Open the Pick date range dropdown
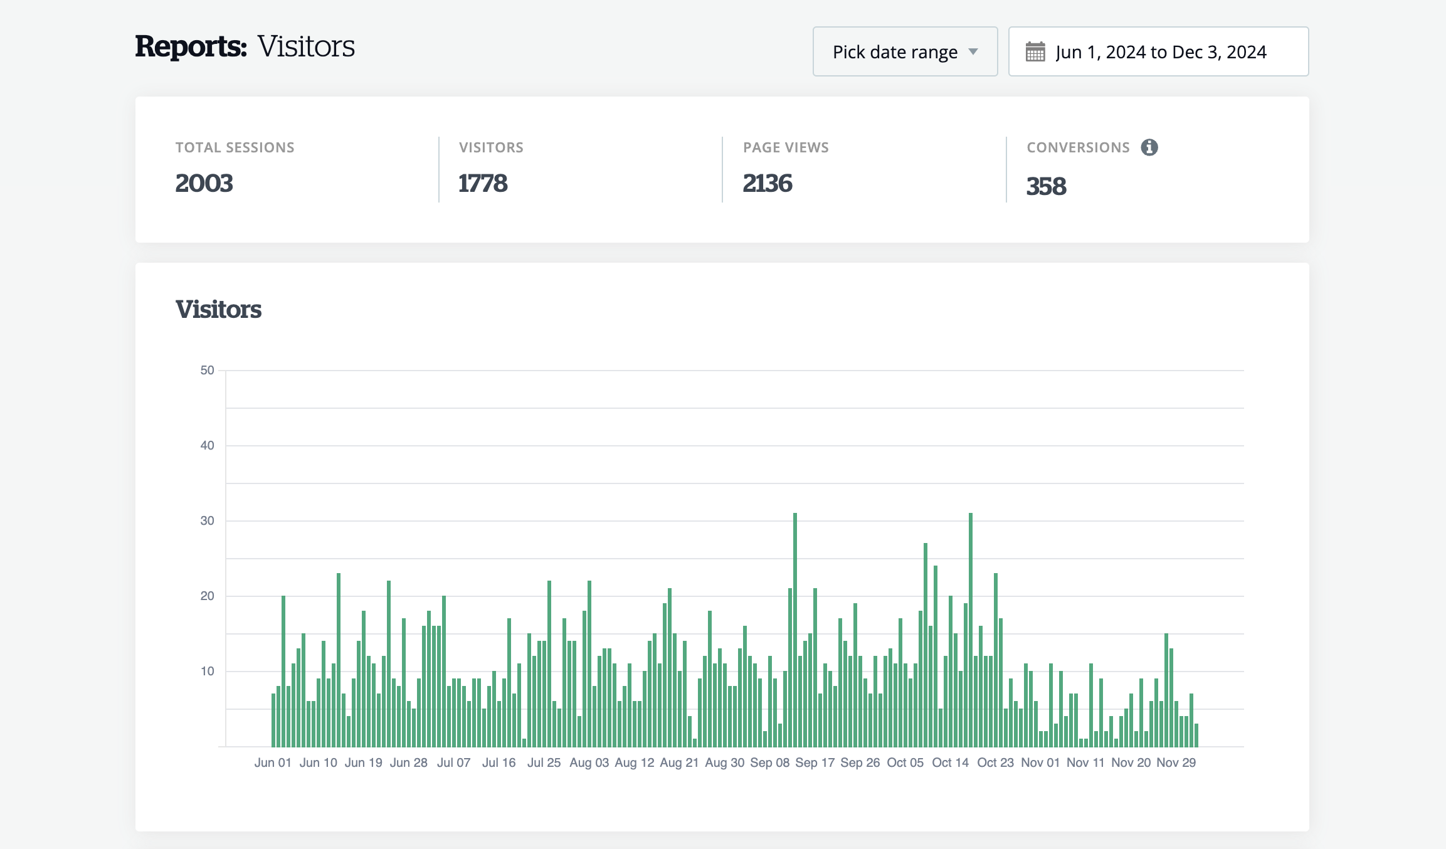[x=904, y=52]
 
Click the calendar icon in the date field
[x=1035, y=52]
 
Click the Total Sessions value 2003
[x=204, y=184]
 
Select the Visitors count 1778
[x=482, y=184]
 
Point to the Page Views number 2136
[x=767, y=184]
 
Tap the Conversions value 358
[x=1045, y=186]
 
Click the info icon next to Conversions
[x=1149, y=147]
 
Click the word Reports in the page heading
[x=191, y=46]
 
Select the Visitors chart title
[x=218, y=310]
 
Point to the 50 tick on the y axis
[x=207, y=371]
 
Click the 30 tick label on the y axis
[x=207, y=521]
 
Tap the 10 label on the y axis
[x=207, y=672]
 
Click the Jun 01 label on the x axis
[x=273, y=763]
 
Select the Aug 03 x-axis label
[x=589, y=763]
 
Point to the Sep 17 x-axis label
[x=815, y=763]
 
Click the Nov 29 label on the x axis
[x=1176, y=763]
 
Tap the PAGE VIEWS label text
[x=786, y=148]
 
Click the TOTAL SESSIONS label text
[x=235, y=148]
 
